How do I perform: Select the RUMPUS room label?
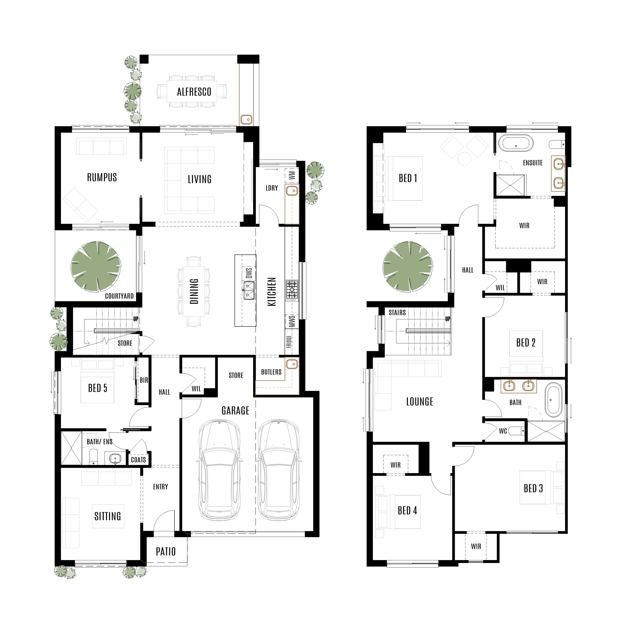click(102, 177)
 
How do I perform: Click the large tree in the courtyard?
click(96, 266)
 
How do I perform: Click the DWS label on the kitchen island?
click(249, 273)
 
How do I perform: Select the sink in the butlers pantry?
click(292, 364)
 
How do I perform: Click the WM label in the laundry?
click(292, 175)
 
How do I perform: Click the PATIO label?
click(166, 551)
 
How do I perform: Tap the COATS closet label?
click(138, 460)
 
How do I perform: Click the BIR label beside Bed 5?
click(144, 380)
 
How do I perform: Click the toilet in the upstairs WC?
click(516, 431)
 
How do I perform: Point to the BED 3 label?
click(533, 488)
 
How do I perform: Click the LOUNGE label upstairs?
click(420, 402)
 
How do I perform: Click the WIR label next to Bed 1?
click(524, 225)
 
